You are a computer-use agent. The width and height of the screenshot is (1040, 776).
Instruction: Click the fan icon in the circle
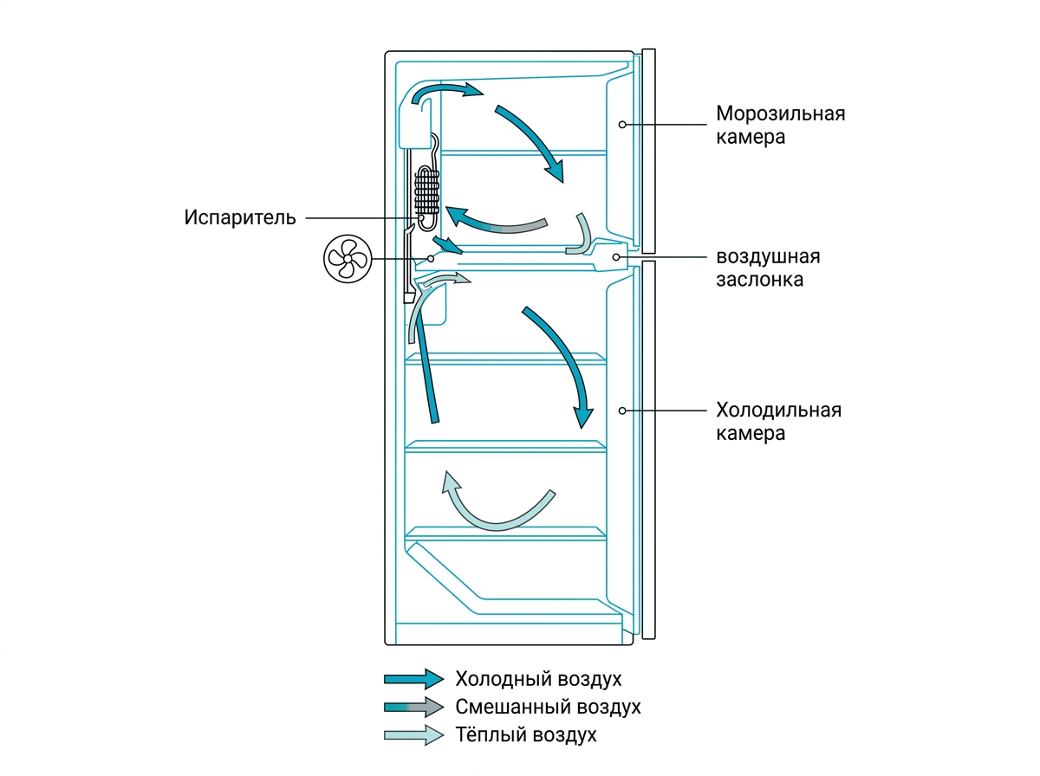click(348, 258)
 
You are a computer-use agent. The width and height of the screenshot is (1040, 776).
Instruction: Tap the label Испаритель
click(240, 217)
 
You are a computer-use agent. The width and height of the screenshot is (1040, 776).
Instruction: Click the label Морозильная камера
click(780, 125)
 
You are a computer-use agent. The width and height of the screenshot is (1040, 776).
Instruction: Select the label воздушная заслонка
click(768, 268)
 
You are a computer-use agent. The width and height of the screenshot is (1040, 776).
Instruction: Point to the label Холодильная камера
click(778, 422)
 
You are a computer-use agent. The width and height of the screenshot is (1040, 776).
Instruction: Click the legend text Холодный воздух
click(538, 679)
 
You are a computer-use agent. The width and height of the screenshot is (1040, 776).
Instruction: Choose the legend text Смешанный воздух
click(548, 707)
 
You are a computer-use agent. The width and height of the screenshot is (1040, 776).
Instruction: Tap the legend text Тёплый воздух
click(525, 734)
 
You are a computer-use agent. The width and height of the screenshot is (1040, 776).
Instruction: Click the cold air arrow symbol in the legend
click(413, 679)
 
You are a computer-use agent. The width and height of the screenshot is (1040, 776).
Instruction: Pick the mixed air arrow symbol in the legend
click(413, 707)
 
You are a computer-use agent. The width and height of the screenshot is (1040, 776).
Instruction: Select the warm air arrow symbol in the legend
click(413, 734)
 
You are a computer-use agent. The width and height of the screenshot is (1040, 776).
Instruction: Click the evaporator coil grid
click(427, 191)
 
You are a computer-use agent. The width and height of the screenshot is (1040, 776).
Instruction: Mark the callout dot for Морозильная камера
click(622, 125)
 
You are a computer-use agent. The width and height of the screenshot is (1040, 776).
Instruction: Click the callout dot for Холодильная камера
click(622, 411)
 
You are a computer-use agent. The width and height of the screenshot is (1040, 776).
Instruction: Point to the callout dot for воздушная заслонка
click(616, 257)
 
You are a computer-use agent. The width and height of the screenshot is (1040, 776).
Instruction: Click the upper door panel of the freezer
click(648, 151)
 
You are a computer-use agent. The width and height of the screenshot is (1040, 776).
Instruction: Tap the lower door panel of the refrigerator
click(648, 449)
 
